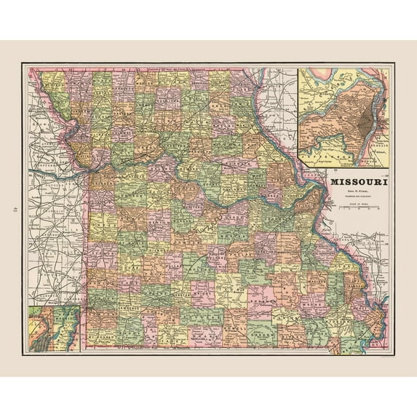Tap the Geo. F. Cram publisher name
[357, 193]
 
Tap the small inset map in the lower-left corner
[53, 329]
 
